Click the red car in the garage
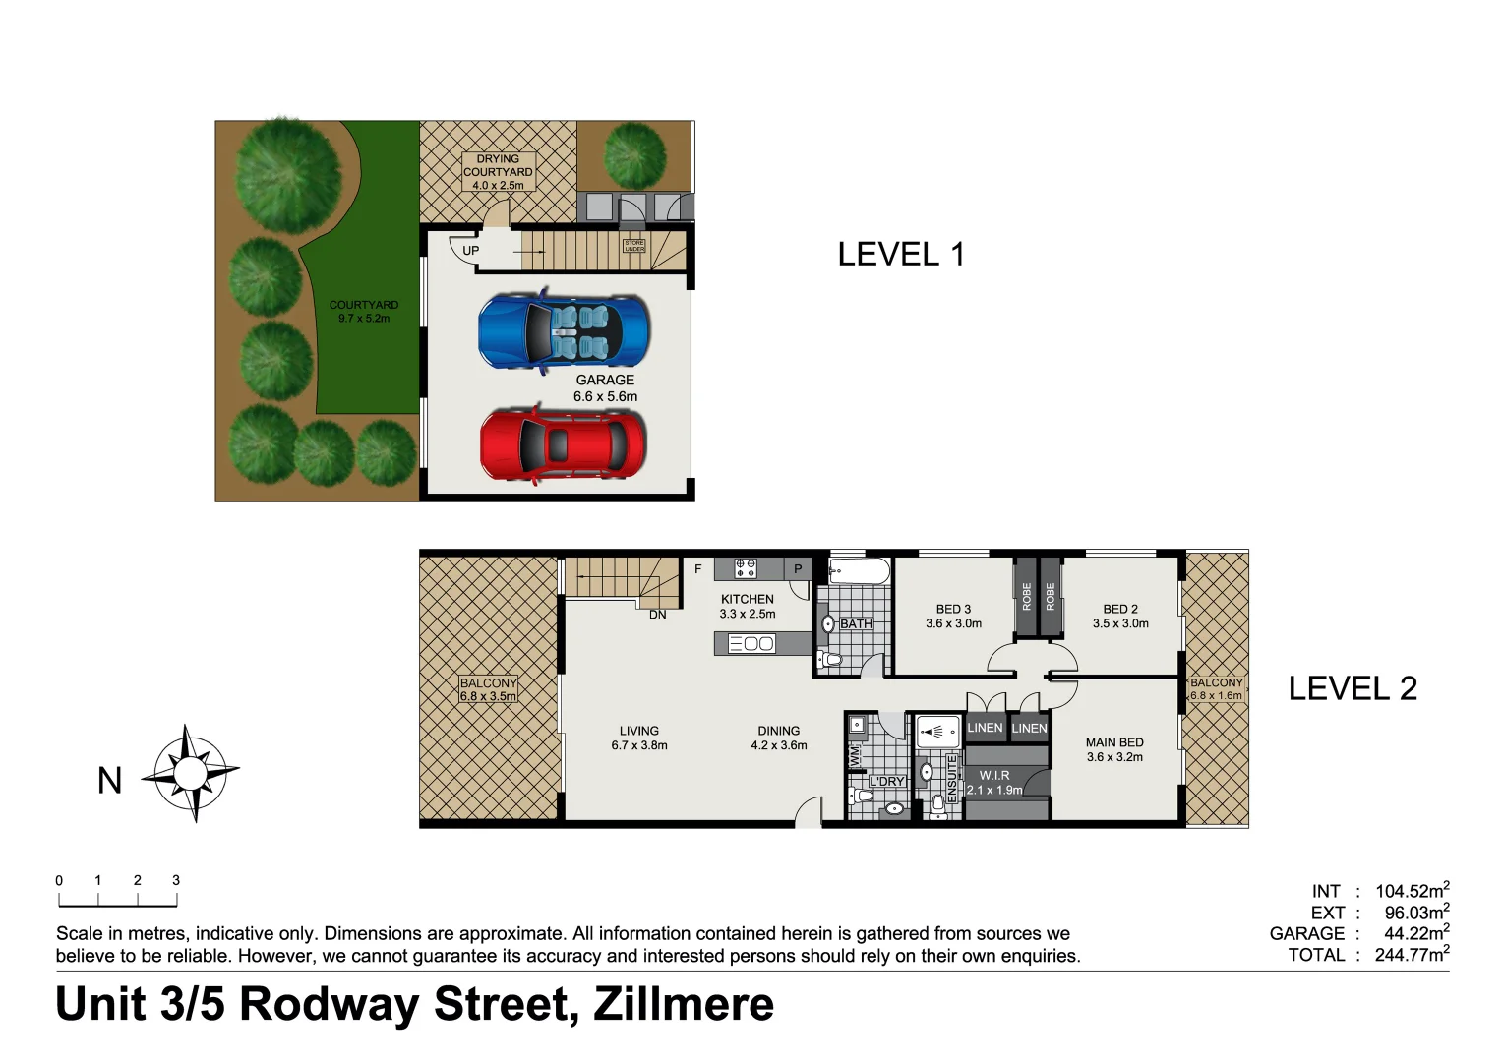tap(563, 444)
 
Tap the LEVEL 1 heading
tap(900, 255)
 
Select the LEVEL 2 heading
tap(1353, 688)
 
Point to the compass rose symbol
tap(191, 773)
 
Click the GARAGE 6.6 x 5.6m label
tap(605, 388)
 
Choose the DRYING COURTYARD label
tap(498, 171)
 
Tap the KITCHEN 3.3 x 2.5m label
tap(748, 606)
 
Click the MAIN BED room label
tap(1114, 749)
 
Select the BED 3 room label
tap(953, 616)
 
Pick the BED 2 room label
tap(1120, 616)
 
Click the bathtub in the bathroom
tap(859, 571)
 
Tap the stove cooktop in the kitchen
tap(746, 568)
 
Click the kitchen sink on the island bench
tap(752, 644)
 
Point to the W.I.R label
tap(994, 782)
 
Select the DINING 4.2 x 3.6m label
tap(778, 737)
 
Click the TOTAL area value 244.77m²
tap(1412, 954)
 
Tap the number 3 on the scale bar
tap(176, 880)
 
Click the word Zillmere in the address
tap(684, 1004)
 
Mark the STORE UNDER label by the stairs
tap(634, 246)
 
